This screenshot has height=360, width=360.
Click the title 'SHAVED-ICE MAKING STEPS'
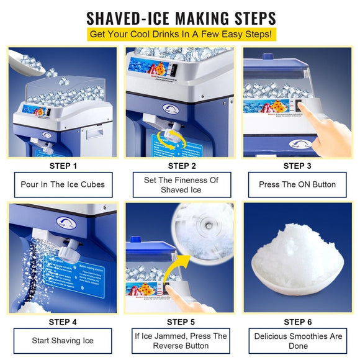[x=179, y=16]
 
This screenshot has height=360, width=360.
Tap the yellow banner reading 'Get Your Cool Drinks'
[x=179, y=34]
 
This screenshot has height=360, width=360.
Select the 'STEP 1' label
[x=63, y=166]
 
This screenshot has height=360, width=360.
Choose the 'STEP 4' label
[x=63, y=322]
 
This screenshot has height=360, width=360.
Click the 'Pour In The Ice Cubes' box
[x=63, y=184]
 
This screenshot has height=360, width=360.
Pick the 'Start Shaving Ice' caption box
[x=63, y=340]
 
